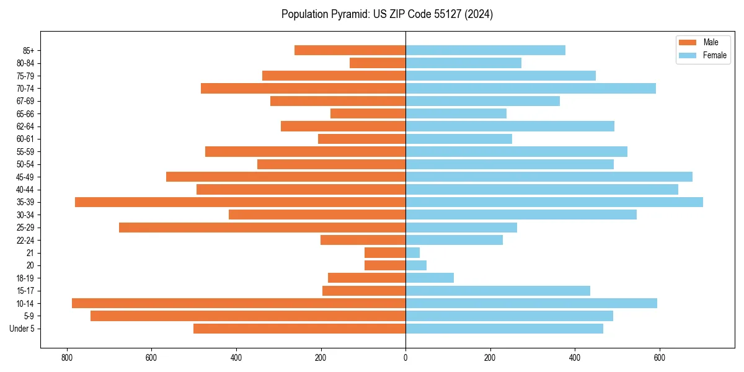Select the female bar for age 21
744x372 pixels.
click(412, 253)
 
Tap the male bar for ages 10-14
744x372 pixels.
click(239, 303)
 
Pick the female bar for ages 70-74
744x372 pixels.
click(530, 89)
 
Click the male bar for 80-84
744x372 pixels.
click(378, 63)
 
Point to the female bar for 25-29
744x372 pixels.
click(461, 228)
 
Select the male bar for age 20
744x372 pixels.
click(385, 265)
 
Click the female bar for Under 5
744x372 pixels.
click(504, 329)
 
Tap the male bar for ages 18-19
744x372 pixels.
click(366, 278)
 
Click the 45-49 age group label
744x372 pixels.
click(25, 177)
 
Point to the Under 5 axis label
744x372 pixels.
click(22, 329)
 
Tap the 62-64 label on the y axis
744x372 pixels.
click(25, 126)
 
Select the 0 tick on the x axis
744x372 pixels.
click(405, 358)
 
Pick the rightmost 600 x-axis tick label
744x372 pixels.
click(659, 358)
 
